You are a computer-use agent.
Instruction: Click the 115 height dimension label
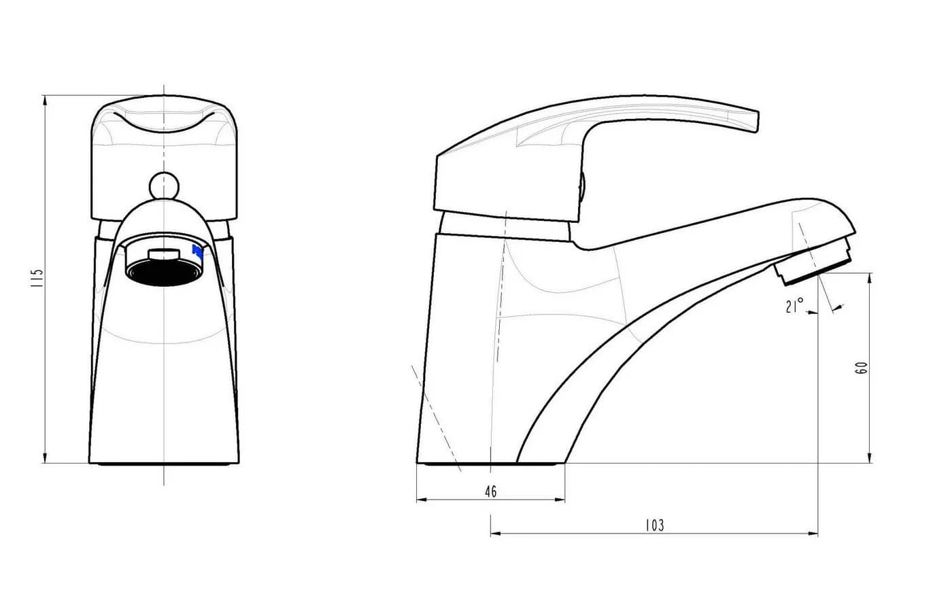[37, 278]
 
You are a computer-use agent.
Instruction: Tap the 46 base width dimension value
[491, 491]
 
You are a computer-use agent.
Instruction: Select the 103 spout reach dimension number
[654, 525]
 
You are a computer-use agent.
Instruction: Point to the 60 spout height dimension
[862, 368]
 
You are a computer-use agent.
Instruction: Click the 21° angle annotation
[794, 305]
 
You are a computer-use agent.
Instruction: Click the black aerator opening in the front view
[164, 273]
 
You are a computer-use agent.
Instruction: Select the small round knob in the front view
[164, 186]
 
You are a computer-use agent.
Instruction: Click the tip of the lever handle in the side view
[757, 122]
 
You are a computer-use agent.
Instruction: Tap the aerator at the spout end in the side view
[813, 262]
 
